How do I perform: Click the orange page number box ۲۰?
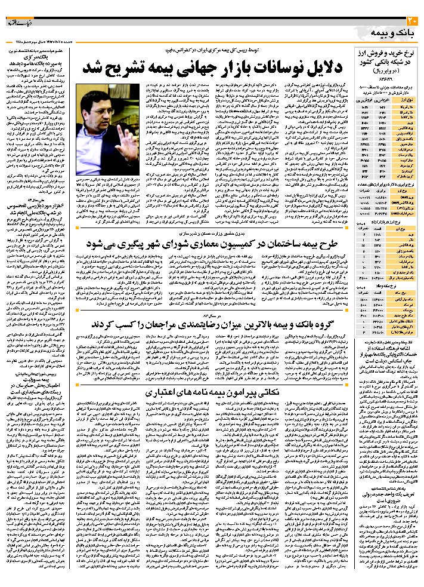pos(415,22)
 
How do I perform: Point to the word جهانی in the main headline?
pos(215,67)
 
